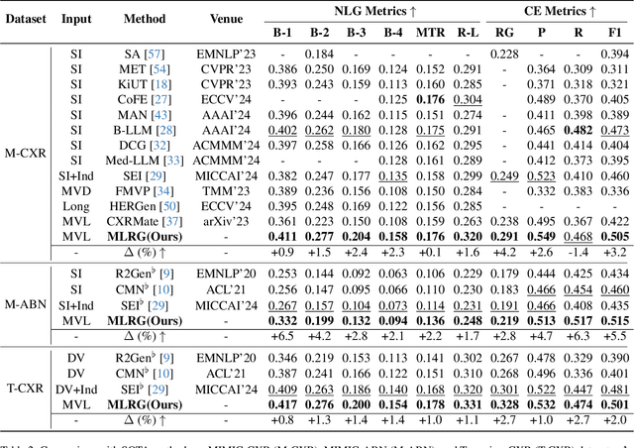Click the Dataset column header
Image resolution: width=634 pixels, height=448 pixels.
click(25, 18)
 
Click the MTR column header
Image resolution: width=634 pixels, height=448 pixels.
click(429, 32)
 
